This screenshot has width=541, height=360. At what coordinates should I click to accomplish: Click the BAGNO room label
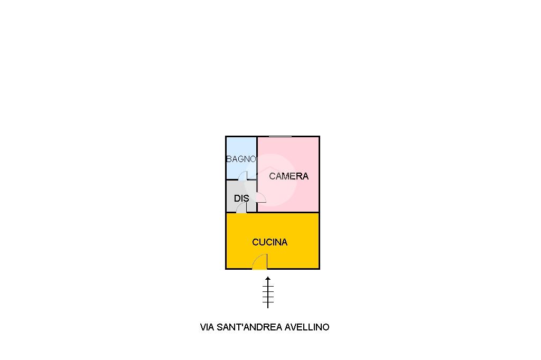[x=241, y=159]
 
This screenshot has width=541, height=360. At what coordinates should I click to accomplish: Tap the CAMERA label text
[x=288, y=176]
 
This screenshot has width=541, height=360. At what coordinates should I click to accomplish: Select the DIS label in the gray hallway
[x=241, y=199]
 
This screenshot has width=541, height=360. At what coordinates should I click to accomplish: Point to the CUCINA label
[x=269, y=242]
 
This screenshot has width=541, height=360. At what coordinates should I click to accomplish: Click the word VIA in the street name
[x=207, y=327]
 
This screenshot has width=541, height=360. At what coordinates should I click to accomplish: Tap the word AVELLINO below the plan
[x=307, y=327]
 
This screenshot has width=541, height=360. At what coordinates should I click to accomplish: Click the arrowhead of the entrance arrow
[x=268, y=278]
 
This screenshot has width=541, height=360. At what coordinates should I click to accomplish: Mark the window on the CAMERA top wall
[x=280, y=137]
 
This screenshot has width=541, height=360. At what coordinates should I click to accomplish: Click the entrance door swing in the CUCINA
[x=260, y=262]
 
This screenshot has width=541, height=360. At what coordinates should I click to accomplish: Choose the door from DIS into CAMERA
[x=262, y=197]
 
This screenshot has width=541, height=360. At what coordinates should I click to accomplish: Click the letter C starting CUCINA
[x=256, y=242]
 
